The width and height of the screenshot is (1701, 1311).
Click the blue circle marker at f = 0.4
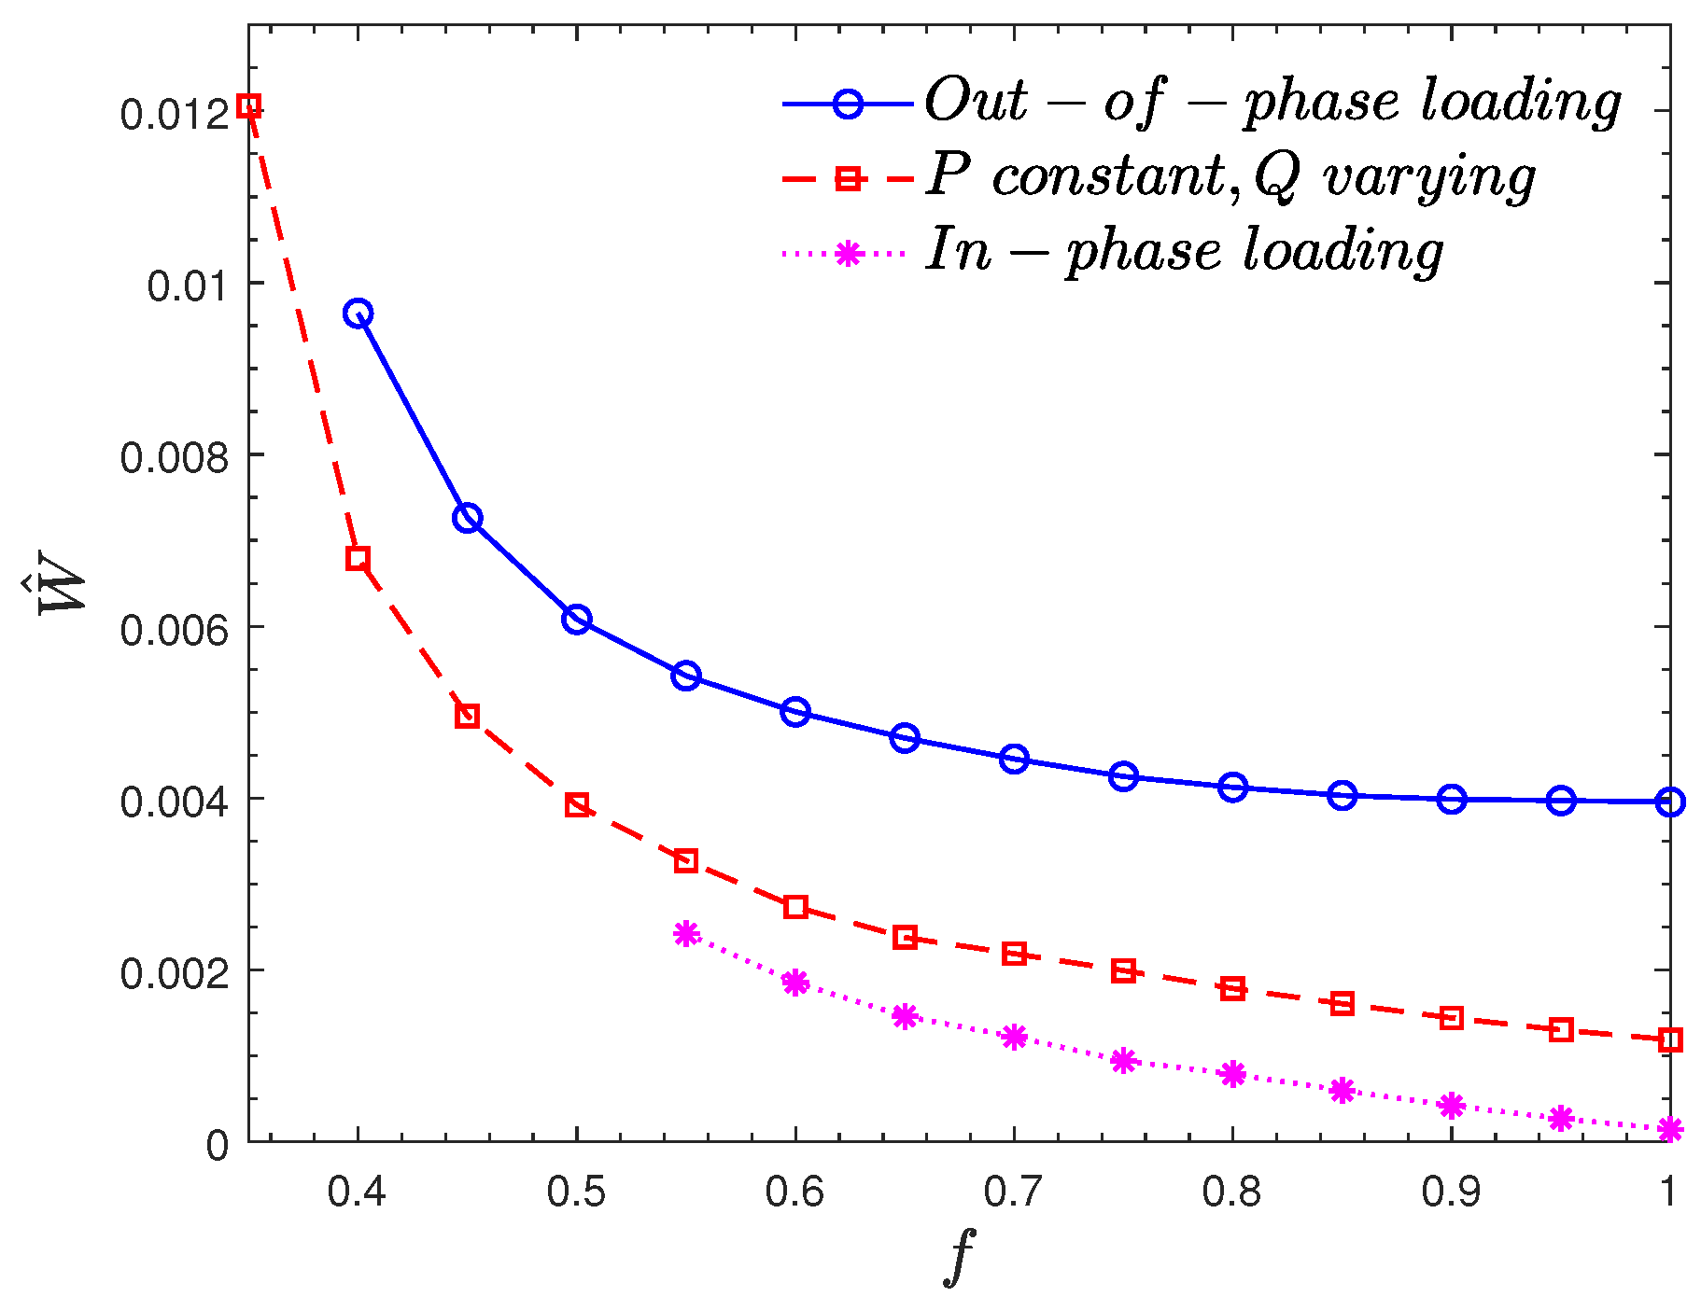click(x=358, y=314)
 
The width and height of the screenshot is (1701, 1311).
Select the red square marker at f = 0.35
click(x=248, y=105)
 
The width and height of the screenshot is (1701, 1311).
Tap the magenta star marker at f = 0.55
click(x=686, y=933)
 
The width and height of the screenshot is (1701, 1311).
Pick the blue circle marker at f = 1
click(x=1670, y=802)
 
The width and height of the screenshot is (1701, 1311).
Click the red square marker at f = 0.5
click(x=577, y=805)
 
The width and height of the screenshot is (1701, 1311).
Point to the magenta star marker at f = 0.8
click(x=1232, y=1074)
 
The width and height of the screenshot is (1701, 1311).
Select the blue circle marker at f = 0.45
click(x=468, y=518)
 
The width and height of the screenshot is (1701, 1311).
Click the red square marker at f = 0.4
click(x=358, y=559)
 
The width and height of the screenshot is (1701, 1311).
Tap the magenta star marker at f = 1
click(x=1670, y=1130)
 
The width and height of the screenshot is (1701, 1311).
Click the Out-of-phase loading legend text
click(x=1272, y=101)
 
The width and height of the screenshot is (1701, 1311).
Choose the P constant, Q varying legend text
click(x=1230, y=177)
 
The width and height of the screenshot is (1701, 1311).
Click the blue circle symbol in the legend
click(x=847, y=103)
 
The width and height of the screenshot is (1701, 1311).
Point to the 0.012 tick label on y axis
click(x=174, y=114)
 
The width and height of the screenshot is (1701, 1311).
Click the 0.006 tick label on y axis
click(x=174, y=630)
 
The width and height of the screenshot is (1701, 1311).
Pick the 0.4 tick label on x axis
click(x=358, y=1192)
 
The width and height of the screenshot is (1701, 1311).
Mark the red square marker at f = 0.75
click(x=1123, y=971)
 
